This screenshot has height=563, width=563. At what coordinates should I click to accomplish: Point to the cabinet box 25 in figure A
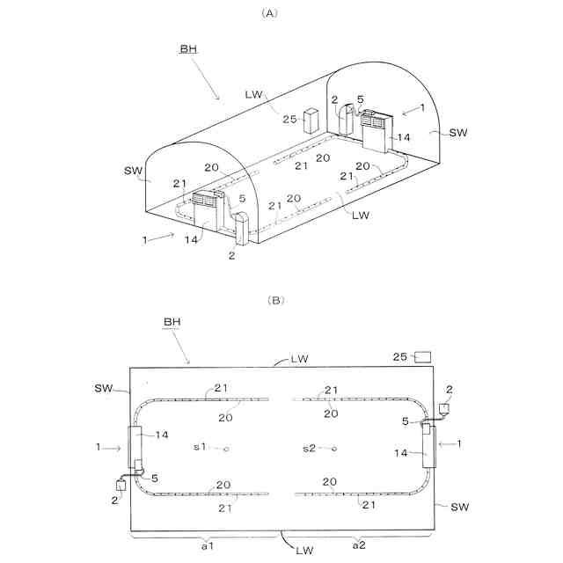point(311,121)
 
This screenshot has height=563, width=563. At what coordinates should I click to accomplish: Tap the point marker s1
point(226,449)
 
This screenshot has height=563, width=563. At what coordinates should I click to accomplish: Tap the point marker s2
point(334,449)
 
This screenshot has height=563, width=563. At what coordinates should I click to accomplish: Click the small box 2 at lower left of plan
point(121,485)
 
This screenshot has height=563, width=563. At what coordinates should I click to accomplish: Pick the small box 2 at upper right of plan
point(446,408)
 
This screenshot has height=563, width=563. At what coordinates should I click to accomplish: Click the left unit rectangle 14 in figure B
point(136,448)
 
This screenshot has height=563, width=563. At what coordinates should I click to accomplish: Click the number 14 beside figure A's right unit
point(404,138)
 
